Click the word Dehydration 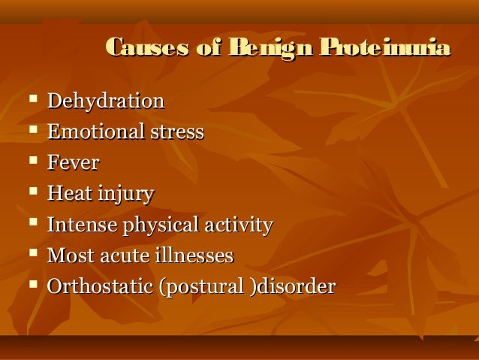pos(105,101)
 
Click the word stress pos(174,132)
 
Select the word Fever pos(73,163)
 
